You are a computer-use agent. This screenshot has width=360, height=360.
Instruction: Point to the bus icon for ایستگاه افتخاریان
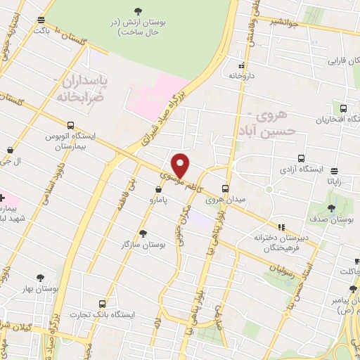[x=343, y=109]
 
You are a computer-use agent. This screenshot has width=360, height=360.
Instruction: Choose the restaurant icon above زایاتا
[x=333, y=169]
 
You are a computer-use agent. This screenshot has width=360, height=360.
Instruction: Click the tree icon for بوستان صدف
[x=331, y=208]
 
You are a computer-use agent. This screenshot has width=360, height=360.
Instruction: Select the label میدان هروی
[x=224, y=200]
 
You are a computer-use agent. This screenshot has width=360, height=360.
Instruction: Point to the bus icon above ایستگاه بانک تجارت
[x=103, y=304]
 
